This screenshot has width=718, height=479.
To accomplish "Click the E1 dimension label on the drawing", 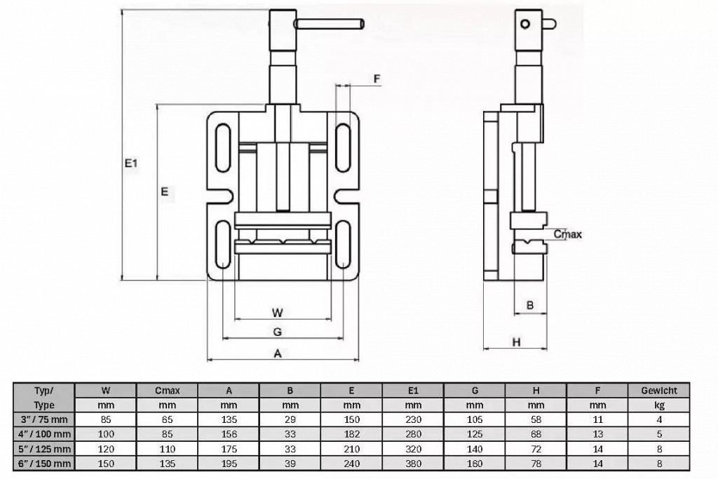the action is [131, 163].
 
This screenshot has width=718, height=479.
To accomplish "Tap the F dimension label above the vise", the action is [377, 79].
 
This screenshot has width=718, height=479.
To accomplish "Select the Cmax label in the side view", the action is [568, 234].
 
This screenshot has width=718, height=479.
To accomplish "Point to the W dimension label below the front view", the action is [278, 313].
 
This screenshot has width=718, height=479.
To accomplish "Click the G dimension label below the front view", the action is [277, 332].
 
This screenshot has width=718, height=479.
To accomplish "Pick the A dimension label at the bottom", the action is [278, 353].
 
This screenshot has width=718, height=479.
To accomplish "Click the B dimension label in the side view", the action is [530, 305].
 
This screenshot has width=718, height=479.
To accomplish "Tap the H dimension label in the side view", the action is [517, 342].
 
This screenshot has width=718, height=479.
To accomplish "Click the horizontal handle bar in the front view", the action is [330, 23].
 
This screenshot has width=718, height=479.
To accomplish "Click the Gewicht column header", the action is [659, 391].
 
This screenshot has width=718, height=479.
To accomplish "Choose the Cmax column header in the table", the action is [168, 391].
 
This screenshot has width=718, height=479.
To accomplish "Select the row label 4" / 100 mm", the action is [43, 434].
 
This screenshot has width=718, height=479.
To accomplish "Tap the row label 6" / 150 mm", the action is [43, 464].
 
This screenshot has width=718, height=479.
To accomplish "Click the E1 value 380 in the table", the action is [413, 464].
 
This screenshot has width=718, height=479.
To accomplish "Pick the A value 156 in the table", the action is [229, 434].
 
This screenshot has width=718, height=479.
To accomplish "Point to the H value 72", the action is [536, 449].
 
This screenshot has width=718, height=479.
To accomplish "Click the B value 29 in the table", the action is [290, 419].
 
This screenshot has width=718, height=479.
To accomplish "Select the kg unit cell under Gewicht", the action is [659, 405].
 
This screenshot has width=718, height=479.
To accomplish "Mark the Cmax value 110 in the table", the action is [168, 449].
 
